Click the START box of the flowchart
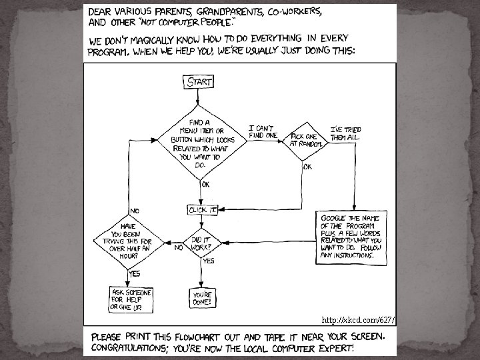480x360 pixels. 199,82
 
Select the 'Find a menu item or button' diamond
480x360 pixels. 199,141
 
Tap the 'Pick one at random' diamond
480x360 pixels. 306,141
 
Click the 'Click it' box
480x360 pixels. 203,210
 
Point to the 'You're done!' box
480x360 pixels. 202,297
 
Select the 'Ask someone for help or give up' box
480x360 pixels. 130,300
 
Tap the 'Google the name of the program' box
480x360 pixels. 351,237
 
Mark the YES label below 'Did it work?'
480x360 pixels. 209,261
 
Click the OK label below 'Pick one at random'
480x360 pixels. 307,167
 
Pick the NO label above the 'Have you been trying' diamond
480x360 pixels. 135,211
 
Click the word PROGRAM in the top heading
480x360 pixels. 109,51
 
